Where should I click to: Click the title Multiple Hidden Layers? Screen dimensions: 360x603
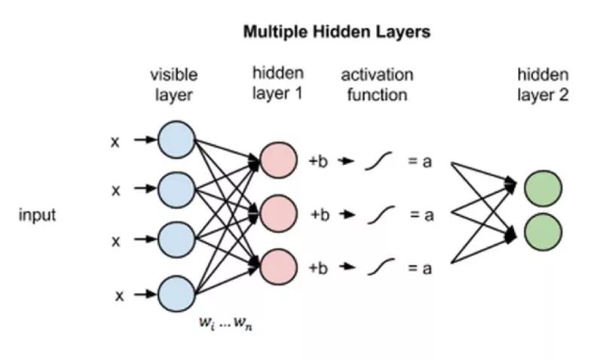(336, 33)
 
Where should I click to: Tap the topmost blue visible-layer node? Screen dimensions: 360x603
(176, 139)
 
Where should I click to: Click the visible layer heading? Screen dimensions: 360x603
(173, 84)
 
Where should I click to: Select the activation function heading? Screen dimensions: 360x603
(377, 84)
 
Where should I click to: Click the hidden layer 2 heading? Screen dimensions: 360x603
(543, 84)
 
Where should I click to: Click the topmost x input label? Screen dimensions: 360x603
(115, 141)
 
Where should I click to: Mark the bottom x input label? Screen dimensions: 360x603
(119, 296)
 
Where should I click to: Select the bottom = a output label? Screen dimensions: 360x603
(421, 268)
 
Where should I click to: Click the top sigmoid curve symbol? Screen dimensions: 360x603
(378, 161)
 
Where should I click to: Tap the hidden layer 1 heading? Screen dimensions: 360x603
(278, 84)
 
